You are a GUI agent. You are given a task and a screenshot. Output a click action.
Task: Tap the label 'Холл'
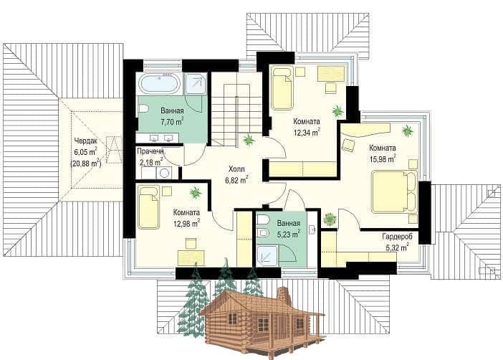[236, 169]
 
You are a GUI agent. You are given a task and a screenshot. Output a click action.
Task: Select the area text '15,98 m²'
[383, 158]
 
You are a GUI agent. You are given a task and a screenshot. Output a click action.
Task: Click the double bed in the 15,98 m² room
[395, 191]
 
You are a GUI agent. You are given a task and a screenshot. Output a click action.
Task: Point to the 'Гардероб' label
[397, 237]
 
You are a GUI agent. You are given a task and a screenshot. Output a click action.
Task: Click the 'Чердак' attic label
[85, 141]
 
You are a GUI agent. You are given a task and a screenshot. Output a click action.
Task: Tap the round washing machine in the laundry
[164, 173]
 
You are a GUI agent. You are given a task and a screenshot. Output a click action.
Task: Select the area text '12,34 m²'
[307, 132]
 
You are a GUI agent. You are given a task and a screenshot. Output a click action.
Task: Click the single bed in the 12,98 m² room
[149, 207]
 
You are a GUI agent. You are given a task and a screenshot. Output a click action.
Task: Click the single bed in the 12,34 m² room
[282, 87]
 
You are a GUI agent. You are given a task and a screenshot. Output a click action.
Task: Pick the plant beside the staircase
[249, 140]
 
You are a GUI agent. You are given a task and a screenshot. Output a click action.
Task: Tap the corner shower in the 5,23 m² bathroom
[268, 255]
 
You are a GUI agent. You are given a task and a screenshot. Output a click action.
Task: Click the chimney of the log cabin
[283, 295]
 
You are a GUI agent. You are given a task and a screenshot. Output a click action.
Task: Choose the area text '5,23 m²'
[288, 234]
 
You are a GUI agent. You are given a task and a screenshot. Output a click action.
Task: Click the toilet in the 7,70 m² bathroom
[143, 109]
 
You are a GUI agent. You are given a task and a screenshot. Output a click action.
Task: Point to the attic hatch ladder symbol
[114, 150]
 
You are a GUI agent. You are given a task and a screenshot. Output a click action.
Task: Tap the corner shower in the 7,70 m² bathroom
[196, 84]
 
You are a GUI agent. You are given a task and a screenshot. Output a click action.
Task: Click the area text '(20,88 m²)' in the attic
[86, 164]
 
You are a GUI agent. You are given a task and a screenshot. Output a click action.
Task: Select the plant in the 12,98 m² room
[196, 193]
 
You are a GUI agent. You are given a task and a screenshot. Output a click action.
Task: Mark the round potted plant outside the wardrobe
[329, 219]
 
